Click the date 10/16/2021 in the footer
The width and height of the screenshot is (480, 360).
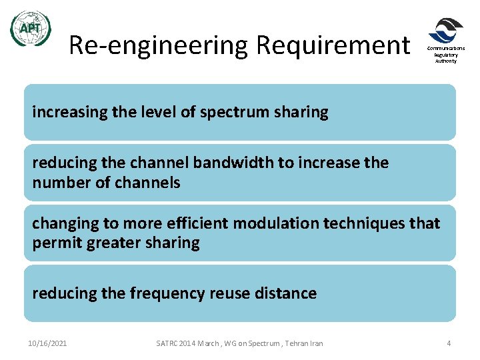[47, 343]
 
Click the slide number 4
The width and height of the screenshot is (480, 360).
[449, 343]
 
